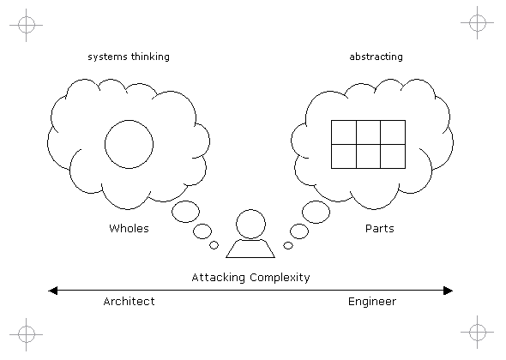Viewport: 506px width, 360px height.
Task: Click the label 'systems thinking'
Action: tap(129, 57)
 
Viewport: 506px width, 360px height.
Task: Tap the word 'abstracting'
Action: tap(376, 57)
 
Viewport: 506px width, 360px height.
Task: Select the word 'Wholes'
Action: tap(129, 228)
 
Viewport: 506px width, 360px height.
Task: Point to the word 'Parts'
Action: tap(379, 228)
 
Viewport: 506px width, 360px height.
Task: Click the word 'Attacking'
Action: tap(218, 278)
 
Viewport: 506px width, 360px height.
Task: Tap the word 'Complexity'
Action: tap(280, 278)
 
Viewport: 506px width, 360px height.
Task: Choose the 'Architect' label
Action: tap(129, 302)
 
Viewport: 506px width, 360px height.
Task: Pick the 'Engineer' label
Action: tap(372, 302)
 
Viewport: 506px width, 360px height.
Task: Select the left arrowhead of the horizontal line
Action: tap(52, 291)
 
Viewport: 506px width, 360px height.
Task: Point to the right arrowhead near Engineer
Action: tap(449, 291)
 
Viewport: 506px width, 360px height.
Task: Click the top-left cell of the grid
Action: tap(344, 132)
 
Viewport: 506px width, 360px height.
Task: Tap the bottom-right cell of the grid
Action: tap(393, 157)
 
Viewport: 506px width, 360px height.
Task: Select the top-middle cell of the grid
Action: tap(369, 132)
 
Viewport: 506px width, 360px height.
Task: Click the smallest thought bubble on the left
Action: tap(214, 245)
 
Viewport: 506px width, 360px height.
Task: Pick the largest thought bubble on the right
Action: tap(316, 212)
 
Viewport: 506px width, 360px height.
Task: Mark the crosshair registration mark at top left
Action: tap(26, 25)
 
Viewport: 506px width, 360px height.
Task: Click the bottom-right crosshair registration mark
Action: tap(478, 332)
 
